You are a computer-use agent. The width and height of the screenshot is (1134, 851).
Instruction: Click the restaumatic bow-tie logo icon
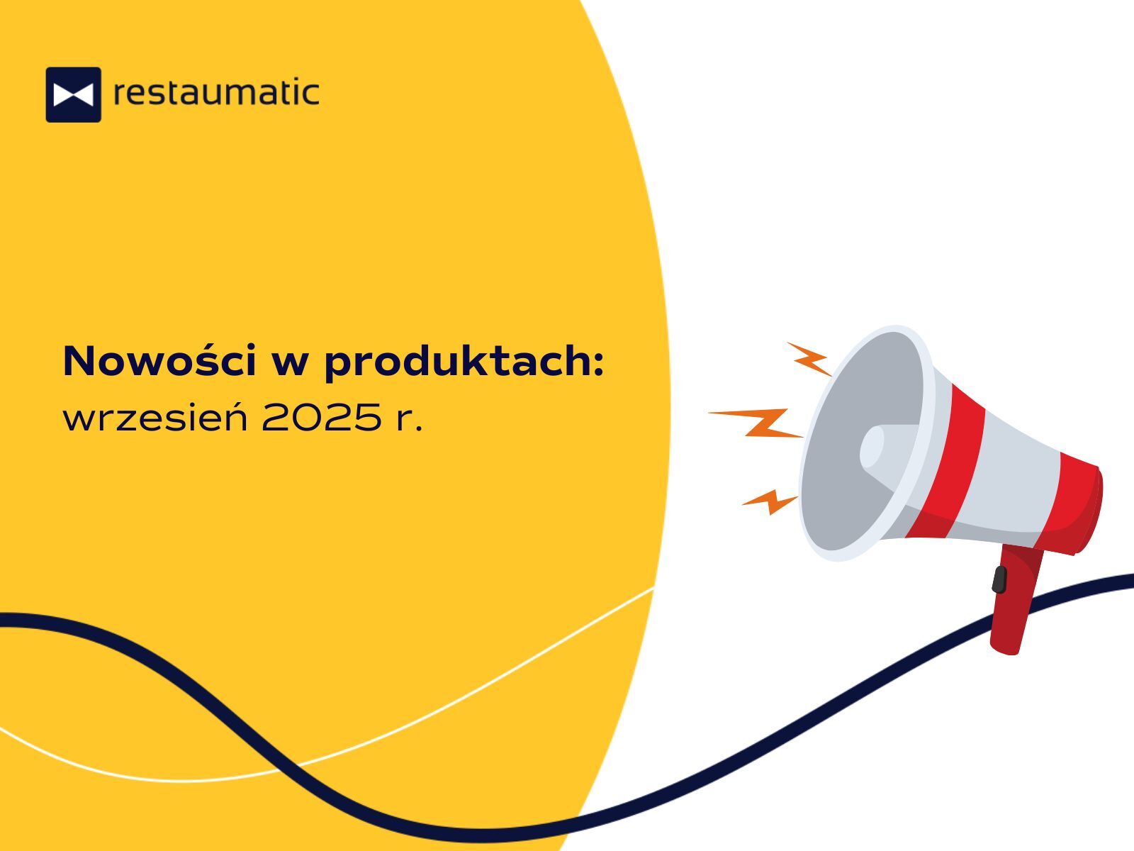[x=74, y=94]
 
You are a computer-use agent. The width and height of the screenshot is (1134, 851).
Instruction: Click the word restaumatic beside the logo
[x=216, y=92]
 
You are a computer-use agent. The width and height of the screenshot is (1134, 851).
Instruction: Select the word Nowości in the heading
[x=159, y=360]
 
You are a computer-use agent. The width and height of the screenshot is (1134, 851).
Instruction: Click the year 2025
[x=321, y=418]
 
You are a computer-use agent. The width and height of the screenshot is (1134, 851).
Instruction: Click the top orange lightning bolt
[x=809, y=359]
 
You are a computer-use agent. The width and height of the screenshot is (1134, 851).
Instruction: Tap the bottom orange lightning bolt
[x=770, y=501]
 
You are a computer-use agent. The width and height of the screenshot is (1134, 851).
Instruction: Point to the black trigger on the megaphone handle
[x=999, y=579]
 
